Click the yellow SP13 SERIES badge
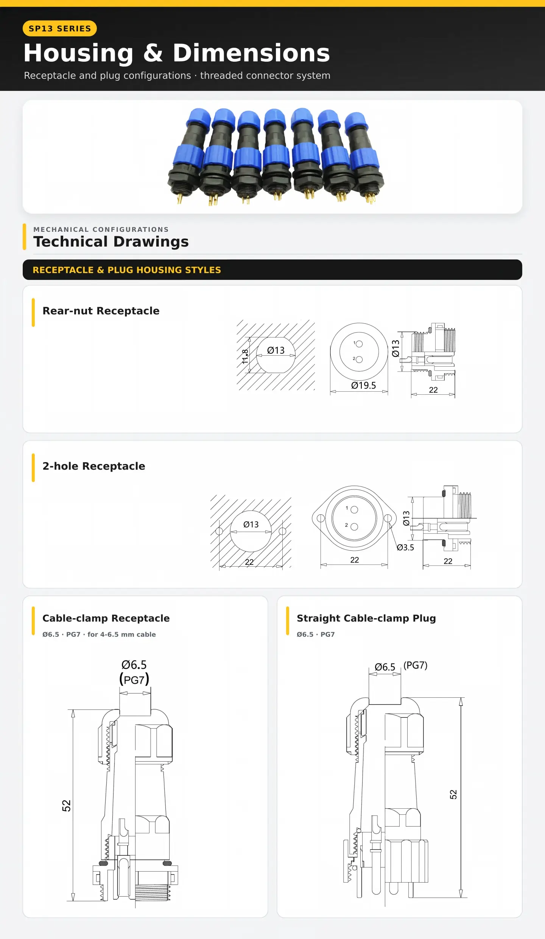(x=60, y=28)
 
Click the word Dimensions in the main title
(x=251, y=53)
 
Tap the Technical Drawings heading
(x=111, y=242)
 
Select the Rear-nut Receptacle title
(x=101, y=311)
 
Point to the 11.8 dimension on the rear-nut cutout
(x=245, y=356)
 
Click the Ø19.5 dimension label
(x=363, y=385)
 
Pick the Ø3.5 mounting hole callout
(x=405, y=547)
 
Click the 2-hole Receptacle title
(x=94, y=466)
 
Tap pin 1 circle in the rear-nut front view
(x=359, y=344)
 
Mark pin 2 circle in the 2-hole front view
(x=354, y=527)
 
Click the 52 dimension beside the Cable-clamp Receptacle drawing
(x=66, y=806)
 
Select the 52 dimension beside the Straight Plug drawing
(x=453, y=794)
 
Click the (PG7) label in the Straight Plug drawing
(x=415, y=666)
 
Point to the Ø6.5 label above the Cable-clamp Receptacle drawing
(x=134, y=665)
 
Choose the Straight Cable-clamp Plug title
(x=366, y=619)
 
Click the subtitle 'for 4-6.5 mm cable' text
(x=121, y=634)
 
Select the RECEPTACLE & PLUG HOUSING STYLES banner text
(x=127, y=270)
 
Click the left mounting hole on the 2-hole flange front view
(x=321, y=518)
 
